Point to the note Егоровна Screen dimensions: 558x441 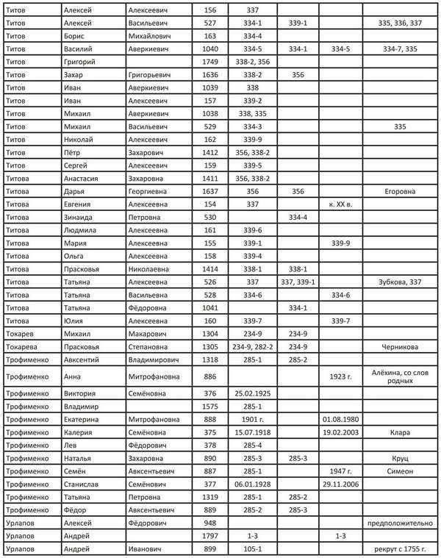pos(400,192)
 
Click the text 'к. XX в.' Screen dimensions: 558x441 pos(341,205)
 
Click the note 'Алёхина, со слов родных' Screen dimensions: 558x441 pos(400,376)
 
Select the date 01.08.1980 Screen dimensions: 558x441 pos(341,418)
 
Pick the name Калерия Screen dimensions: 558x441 pos(78,432)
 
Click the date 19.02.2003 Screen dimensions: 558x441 pos(341,432)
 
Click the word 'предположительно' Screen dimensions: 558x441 pos(400,523)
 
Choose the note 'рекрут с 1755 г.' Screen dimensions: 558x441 pos(400,549)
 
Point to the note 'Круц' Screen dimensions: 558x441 pos(400,457)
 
